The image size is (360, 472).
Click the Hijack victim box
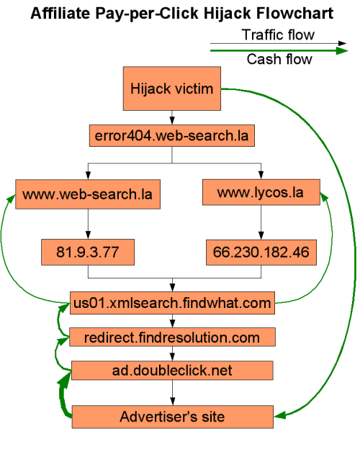tap(171, 88)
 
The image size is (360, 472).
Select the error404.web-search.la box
tap(171, 136)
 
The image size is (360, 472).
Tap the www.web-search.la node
tap(88, 194)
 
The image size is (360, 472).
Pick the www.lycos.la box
tap(261, 192)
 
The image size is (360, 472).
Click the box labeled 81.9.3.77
tap(88, 253)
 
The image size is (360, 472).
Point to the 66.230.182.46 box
tap(261, 253)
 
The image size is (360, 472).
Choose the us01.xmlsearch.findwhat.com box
tap(172, 303)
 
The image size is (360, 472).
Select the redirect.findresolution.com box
tap(172, 337)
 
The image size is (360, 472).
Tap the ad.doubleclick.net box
tap(172, 371)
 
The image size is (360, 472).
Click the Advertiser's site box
tap(172, 417)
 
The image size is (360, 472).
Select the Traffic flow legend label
tap(278, 35)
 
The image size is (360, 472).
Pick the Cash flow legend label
tap(279, 59)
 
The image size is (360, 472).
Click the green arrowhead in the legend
tap(342, 50)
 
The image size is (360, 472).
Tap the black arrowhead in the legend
tap(342, 43)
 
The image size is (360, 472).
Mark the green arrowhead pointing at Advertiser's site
tap(279, 415)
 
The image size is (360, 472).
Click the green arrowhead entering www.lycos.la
tap(324, 197)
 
